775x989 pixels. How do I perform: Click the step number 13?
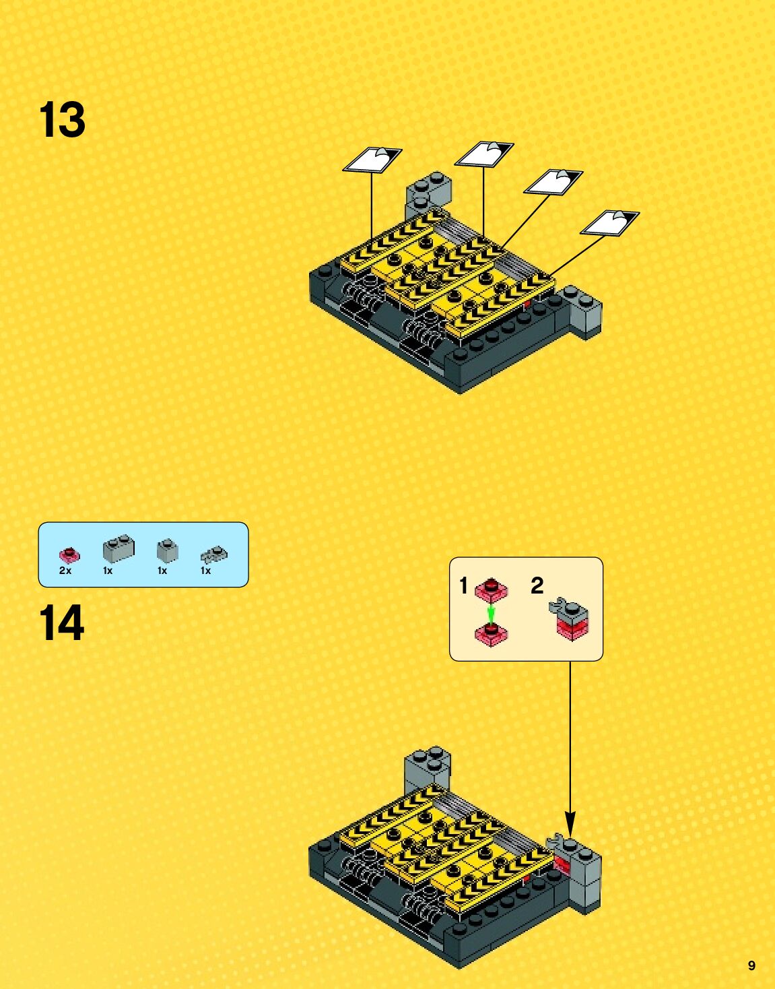(x=63, y=121)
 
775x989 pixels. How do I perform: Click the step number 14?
(x=62, y=623)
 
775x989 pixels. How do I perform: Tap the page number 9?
(x=751, y=965)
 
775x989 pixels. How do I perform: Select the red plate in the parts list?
(x=69, y=554)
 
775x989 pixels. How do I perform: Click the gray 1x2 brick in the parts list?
(x=119, y=548)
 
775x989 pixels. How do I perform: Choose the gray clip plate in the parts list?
(x=213, y=555)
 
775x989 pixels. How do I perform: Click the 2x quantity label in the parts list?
(x=65, y=571)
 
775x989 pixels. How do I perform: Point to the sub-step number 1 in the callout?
(x=463, y=585)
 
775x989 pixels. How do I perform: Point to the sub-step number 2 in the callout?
(x=537, y=585)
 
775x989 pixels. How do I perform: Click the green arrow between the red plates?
(x=492, y=614)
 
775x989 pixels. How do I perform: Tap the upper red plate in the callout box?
(x=492, y=591)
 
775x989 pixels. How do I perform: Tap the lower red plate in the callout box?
(x=492, y=634)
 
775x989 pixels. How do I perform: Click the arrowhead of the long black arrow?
(x=570, y=823)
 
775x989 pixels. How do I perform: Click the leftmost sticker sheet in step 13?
(x=372, y=160)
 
